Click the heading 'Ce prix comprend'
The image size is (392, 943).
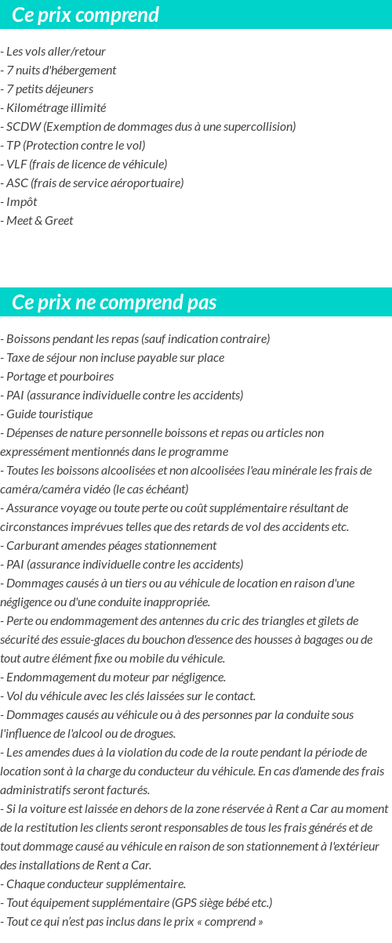pos(85,15)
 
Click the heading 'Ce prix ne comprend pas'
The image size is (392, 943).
pos(114,302)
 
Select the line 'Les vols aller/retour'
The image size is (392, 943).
pos(56,52)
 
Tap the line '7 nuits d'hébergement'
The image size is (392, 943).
pos(61,70)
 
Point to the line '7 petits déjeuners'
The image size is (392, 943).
pos(49,89)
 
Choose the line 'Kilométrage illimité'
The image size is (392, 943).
pos(56,108)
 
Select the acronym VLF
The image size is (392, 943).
pos(16,164)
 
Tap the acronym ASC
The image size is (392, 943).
pos(16,183)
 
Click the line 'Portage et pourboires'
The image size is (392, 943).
pos(60,377)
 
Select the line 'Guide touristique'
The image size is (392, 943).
pos(49,414)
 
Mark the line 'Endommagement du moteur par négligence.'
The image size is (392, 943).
pos(116,677)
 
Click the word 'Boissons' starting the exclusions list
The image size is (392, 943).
pos(28,339)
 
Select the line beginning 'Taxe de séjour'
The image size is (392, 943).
pos(115,358)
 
